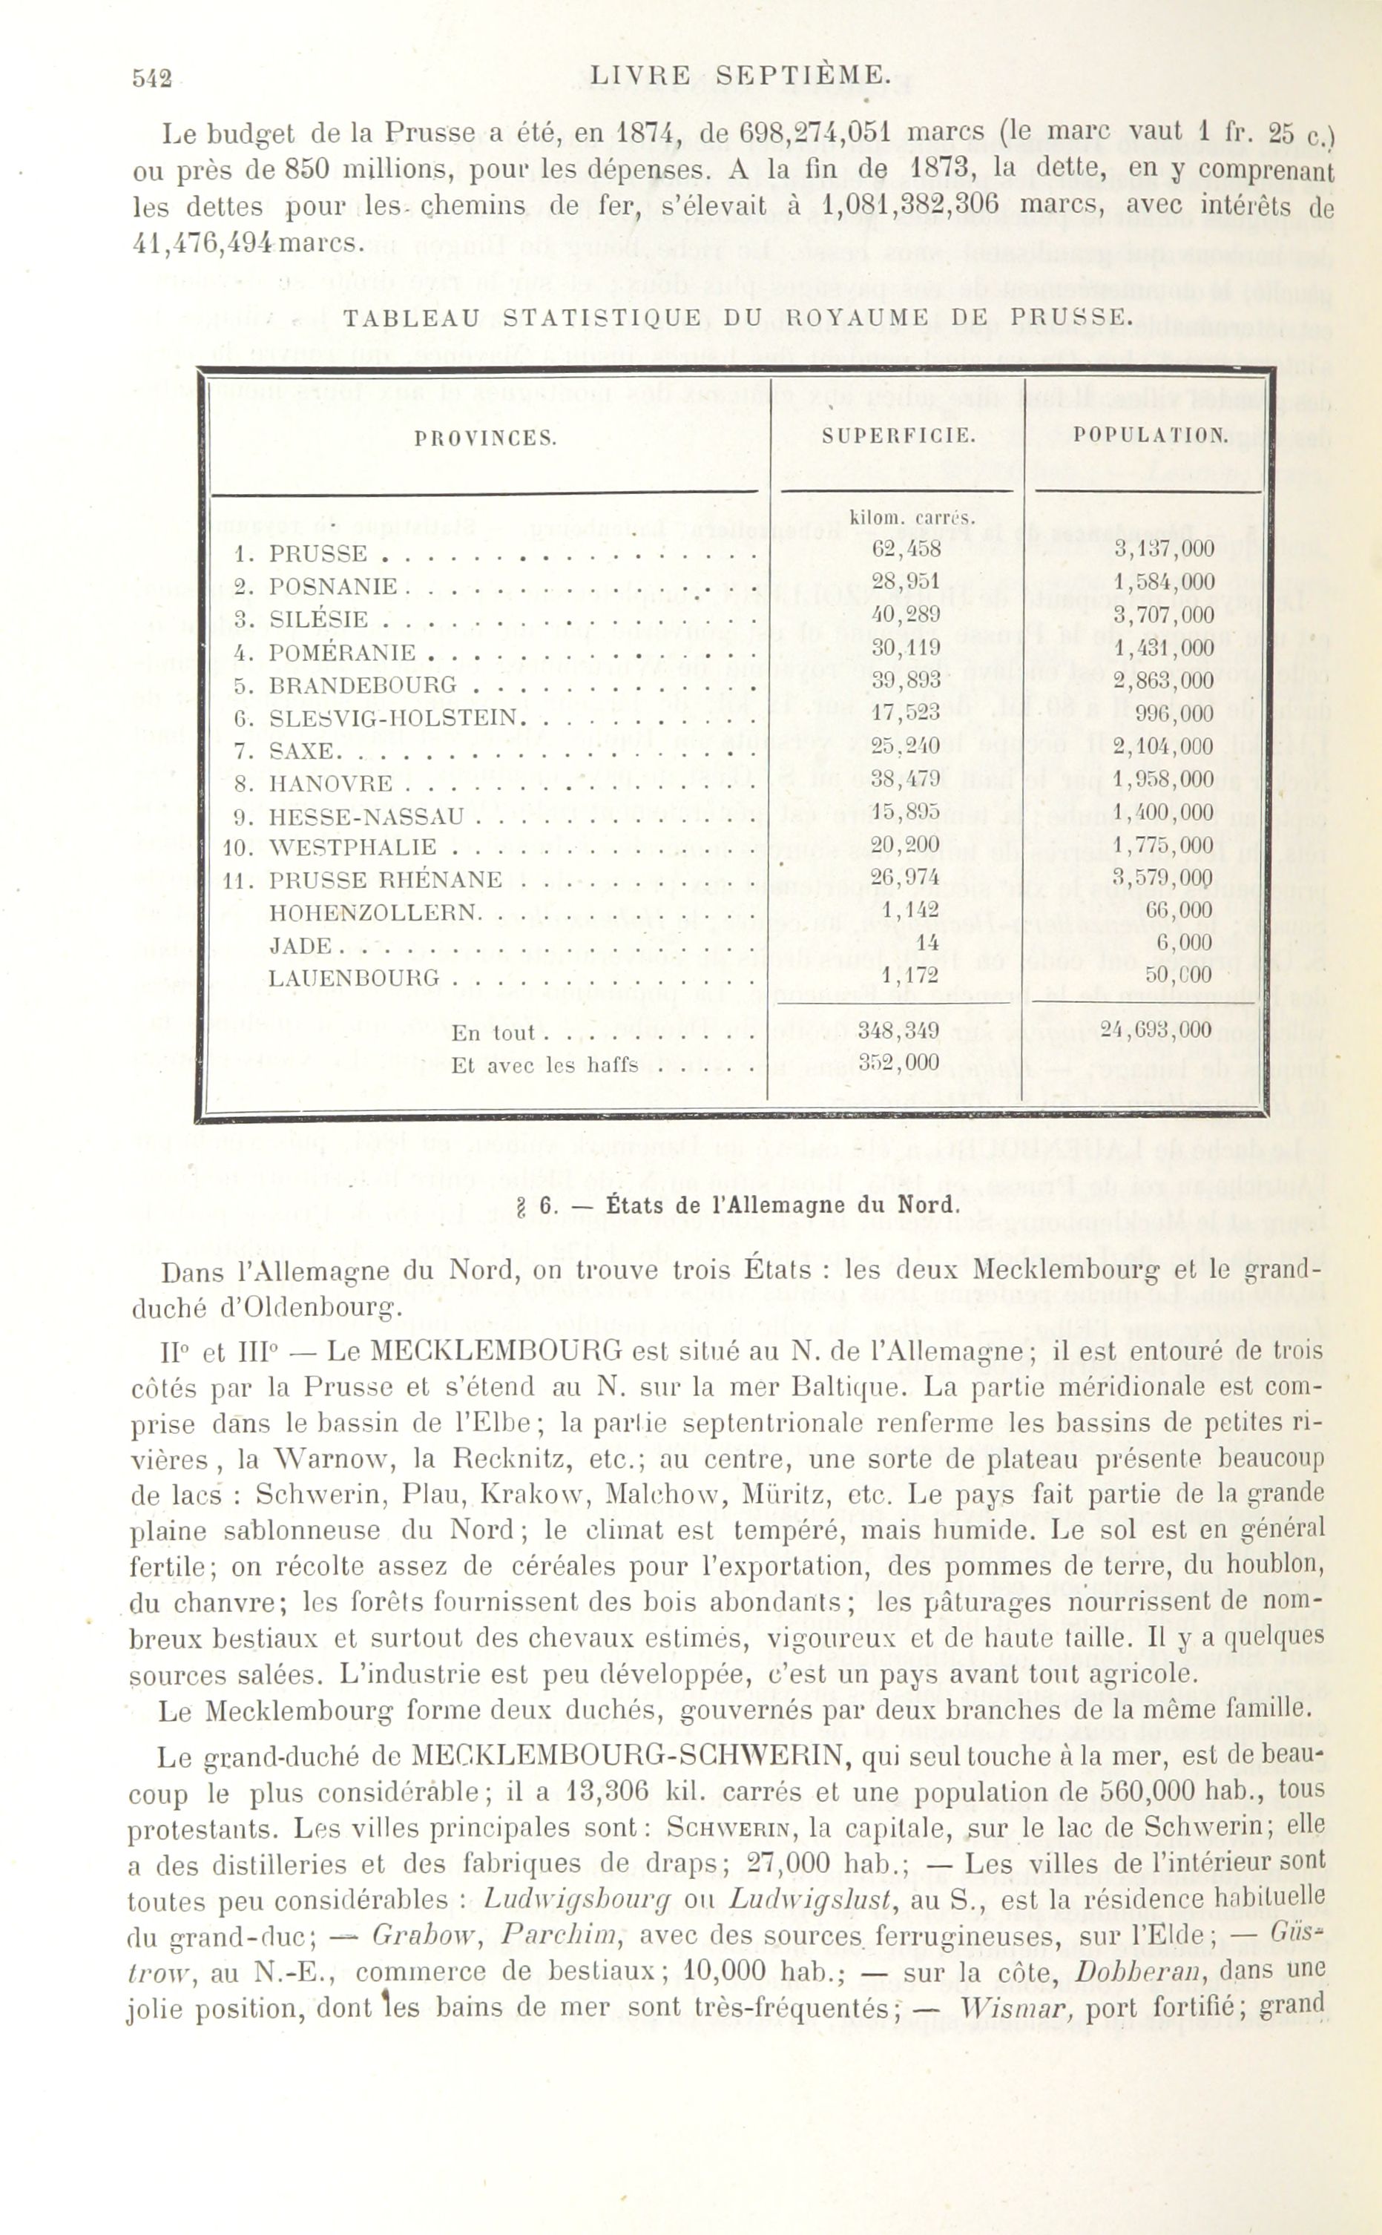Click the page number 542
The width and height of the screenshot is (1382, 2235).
click(x=152, y=79)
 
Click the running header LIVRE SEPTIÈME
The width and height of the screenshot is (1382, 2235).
click(x=739, y=76)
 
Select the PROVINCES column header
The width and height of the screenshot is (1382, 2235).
click(x=485, y=438)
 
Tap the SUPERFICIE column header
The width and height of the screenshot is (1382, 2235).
click(x=898, y=436)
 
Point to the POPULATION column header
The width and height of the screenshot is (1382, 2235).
click(x=1151, y=435)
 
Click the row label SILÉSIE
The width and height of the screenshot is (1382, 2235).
click(x=318, y=619)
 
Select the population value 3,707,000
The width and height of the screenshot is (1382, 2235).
click(x=1164, y=615)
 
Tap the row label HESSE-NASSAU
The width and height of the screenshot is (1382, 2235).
click(x=366, y=816)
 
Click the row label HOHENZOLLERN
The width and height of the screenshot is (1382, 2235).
click(x=374, y=913)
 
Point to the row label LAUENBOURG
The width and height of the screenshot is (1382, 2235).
click(x=354, y=978)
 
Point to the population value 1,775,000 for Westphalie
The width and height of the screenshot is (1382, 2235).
click(x=1164, y=844)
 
